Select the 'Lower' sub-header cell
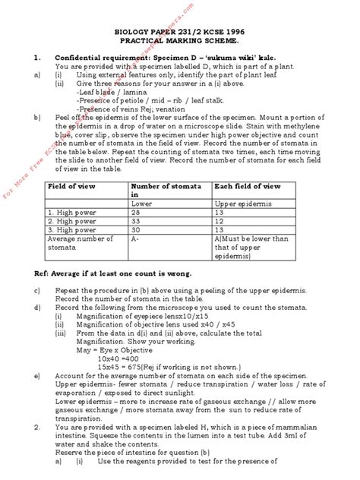pyautogui.click(x=141, y=204)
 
